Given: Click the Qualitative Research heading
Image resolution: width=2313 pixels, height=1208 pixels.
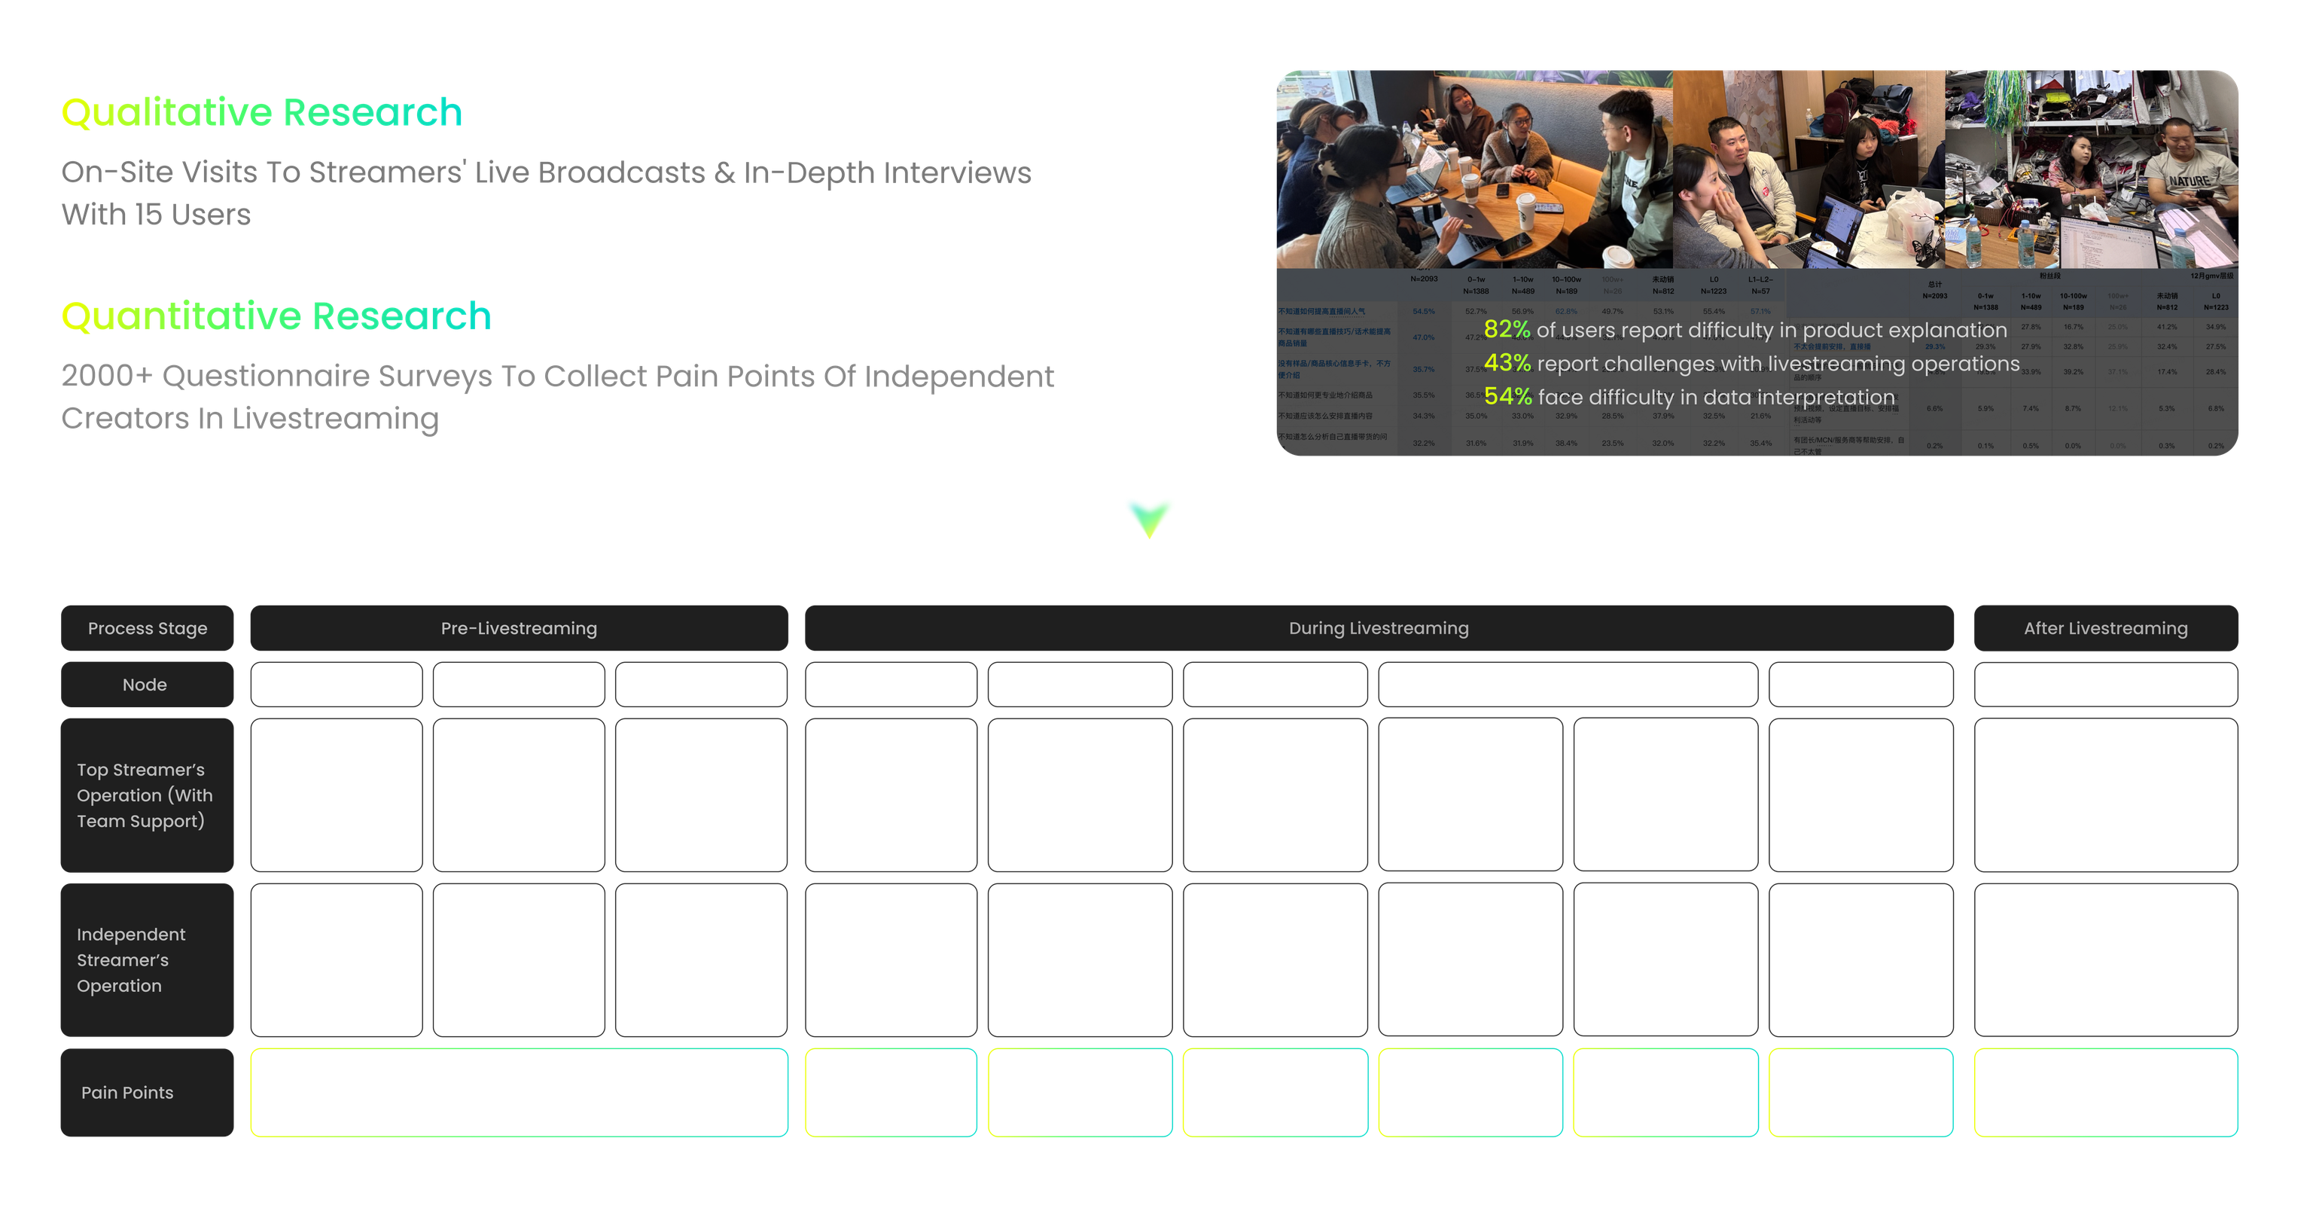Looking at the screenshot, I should [x=261, y=113].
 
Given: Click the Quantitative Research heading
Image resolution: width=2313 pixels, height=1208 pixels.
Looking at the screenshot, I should [x=276, y=316].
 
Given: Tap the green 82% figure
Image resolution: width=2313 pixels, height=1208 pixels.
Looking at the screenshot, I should [x=1506, y=330].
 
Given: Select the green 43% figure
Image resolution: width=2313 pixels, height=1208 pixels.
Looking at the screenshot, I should [x=1506, y=363].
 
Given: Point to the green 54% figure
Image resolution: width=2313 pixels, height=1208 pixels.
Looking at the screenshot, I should [x=1506, y=396].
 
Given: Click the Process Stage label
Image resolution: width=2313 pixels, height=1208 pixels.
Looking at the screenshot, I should [x=148, y=628].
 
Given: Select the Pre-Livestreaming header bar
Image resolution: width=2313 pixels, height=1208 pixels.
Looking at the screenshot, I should [x=519, y=628].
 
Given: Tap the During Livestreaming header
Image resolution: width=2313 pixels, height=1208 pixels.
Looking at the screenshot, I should [x=1379, y=628].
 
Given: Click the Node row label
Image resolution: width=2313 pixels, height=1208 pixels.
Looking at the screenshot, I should [x=145, y=685].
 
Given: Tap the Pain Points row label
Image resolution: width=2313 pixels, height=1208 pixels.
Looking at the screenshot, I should [x=127, y=1092].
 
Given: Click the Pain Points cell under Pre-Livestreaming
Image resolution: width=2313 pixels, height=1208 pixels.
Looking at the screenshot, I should [x=519, y=1092].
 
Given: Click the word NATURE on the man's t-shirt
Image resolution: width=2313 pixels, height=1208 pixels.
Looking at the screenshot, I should [x=2188, y=182].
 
